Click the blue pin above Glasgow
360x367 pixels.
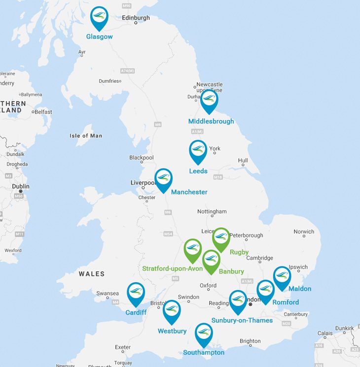pos(100,17)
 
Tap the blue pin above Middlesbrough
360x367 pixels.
pos(209,100)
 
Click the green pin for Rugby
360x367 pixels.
pos(221,237)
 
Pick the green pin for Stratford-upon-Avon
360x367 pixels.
pos(193,249)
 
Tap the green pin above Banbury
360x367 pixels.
pos(211,260)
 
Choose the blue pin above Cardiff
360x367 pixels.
pos(136,293)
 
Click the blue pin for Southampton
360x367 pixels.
pos(203,334)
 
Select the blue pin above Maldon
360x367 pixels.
pos(282,276)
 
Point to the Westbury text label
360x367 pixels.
pos(172,331)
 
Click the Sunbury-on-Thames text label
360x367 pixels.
pos(242,320)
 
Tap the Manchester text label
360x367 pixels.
pos(189,192)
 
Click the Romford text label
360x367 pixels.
pos(286,302)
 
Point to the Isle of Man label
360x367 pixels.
pos(86,136)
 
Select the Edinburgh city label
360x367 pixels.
pos(136,18)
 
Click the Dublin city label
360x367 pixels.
pos(21,186)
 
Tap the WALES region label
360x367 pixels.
pos(91,274)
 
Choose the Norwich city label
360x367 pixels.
pos(304,232)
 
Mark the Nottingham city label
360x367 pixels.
pos(212,211)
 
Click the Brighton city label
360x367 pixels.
pos(250,341)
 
